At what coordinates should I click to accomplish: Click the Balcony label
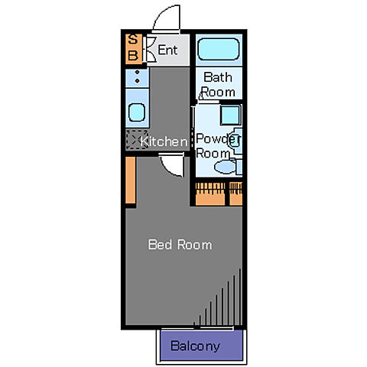[x=195, y=346]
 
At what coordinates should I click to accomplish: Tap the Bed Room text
[x=180, y=245]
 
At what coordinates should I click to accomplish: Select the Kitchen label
[x=164, y=141]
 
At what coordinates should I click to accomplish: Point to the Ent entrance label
[x=167, y=50]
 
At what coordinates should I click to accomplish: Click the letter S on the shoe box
[x=133, y=40]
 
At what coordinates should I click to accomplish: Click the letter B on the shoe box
[x=133, y=55]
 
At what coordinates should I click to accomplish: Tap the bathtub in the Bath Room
[x=219, y=49]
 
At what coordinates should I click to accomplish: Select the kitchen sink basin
[x=137, y=112]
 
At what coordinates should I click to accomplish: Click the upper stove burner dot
[x=137, y=72]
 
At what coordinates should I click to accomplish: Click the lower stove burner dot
[x=137, y=81]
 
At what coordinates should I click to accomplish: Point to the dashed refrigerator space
[x=137, y=139]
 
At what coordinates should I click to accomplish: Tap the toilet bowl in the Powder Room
[x=225, y=167]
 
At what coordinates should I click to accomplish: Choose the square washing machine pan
[x=230, y=115]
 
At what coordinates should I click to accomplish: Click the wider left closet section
[x=210, y=193]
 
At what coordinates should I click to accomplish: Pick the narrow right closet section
[x=235, y=193]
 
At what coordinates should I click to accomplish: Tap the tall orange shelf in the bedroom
[x=131, y=180]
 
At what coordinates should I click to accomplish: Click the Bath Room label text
[x=218, y=85]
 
